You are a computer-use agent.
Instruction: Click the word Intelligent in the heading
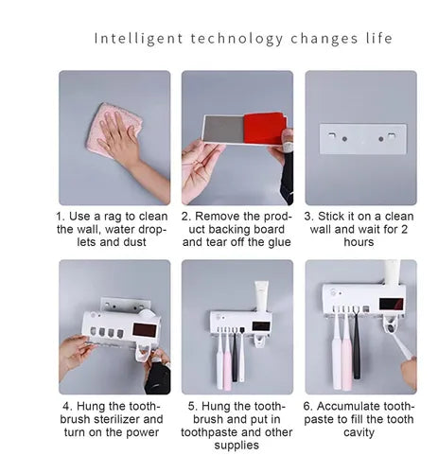[138, 39]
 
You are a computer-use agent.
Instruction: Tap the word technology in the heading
[237, 39]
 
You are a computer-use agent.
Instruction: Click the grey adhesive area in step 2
[223, 129]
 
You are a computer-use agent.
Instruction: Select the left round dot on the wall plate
[344, 139]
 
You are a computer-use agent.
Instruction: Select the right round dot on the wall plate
[381, 139]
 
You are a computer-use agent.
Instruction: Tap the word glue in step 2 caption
[279, 242]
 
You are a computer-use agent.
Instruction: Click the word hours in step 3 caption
[359, 242]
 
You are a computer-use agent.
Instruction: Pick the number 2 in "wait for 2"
[404, 229]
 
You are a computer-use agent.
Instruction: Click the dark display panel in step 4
[145, 330]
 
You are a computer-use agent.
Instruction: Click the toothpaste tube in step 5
[262, 295]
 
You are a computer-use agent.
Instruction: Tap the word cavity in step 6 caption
[359, 432]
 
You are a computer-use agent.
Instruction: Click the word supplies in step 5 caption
[237, 446]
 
